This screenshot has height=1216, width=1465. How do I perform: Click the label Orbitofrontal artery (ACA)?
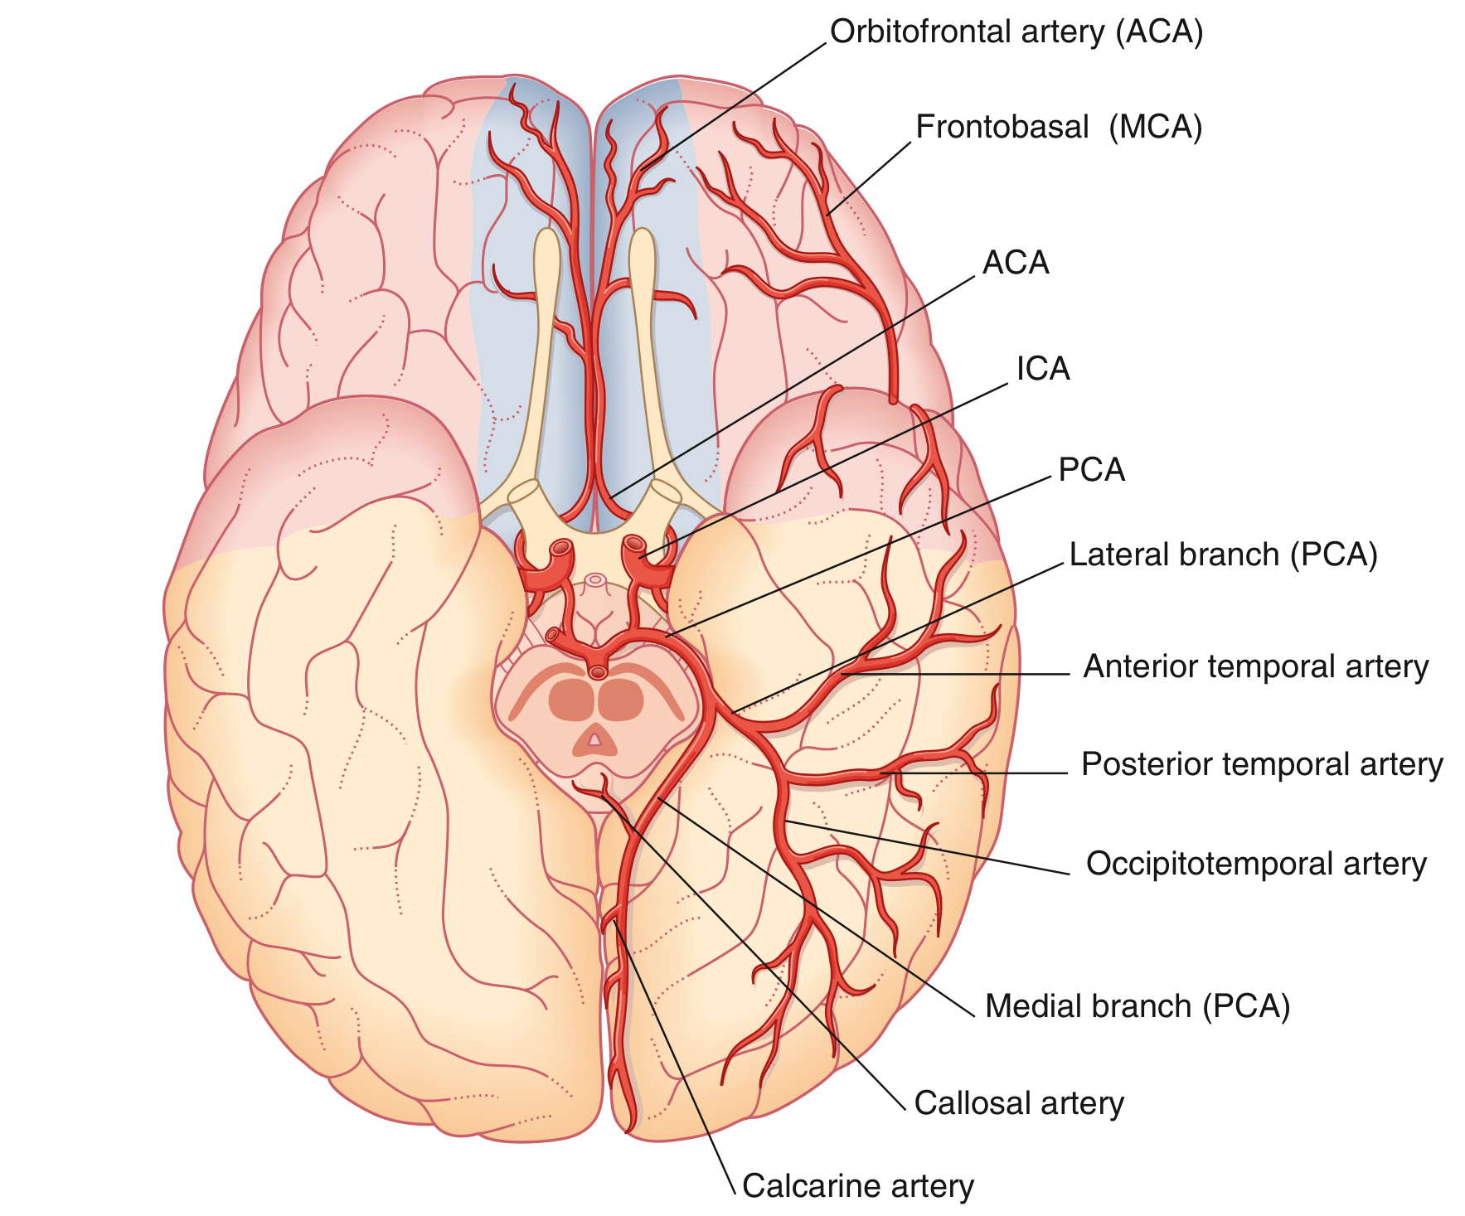tap(1016, 32)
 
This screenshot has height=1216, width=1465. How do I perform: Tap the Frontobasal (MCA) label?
tap(1059, 128)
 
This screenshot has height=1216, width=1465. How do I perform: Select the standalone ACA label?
tap(1016, 263)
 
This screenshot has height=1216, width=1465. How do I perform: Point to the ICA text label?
tap(1043, 369)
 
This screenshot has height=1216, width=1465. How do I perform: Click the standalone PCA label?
tap(1092, 470)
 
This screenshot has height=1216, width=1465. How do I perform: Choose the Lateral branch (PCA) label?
tap(1223, 555)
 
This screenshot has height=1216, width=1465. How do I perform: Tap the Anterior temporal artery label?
tap(1256, 667)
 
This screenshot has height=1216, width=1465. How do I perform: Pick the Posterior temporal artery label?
tap(1262, 764)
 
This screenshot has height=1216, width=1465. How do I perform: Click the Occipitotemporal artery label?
tap(1256, 864)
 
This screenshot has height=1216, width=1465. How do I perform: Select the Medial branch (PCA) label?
tap(1138, 1006)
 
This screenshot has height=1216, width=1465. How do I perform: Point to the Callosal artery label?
tap(1019, 1103)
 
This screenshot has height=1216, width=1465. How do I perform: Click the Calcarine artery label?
tap(858, 1186)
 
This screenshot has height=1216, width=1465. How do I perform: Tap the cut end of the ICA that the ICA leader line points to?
tap(635, 545)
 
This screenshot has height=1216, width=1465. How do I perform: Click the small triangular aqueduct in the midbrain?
tap(594, 737)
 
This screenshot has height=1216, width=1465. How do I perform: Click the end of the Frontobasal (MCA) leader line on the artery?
tap(827, 215)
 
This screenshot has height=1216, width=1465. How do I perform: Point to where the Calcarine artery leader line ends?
tap(614, 923)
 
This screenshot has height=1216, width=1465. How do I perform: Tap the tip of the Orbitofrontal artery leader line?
tap(641, 171)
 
